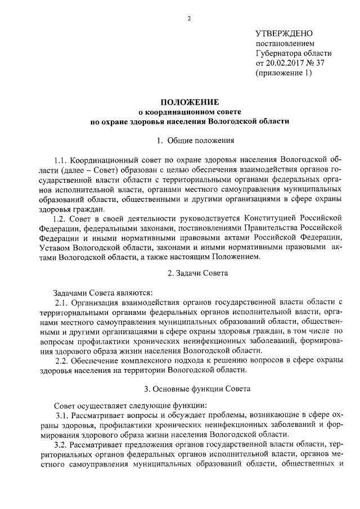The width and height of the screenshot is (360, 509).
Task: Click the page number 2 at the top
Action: pyautogui.click(x=189, y=18)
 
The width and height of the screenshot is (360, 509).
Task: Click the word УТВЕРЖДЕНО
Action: pyautogui.click(x=284, y=34)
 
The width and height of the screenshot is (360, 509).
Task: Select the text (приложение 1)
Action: pyautogui.click(x=283, y=73)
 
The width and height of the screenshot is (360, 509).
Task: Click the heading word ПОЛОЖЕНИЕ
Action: pyautogui.click(x=189, y=102)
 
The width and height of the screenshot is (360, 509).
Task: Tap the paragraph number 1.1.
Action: pyautogui.click(x=62, y=160)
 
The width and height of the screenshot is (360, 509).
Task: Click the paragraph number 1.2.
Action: pyautogui.click(x=60, y=218)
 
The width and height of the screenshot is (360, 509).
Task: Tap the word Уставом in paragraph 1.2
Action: pyautogui.click(x=55, y=247)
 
